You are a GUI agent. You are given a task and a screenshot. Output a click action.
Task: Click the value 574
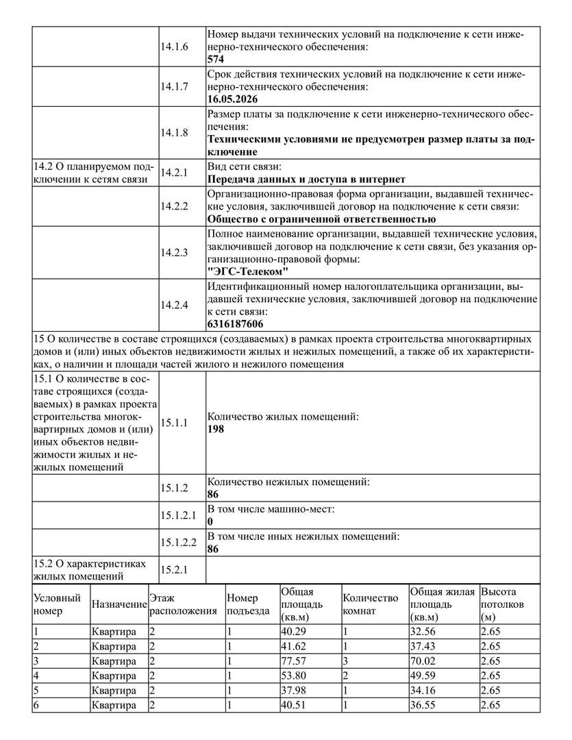216,60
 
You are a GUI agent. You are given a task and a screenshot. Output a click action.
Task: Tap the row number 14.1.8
175,132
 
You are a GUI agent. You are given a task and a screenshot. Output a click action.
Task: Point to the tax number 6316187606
236,324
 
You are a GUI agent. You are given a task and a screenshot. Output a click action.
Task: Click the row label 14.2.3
175,252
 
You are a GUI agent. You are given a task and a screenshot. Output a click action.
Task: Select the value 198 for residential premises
216,429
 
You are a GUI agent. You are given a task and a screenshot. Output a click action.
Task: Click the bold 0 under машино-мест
210,521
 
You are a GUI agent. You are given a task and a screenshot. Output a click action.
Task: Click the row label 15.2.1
175,569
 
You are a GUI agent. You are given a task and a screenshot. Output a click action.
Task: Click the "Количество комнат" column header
370,604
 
